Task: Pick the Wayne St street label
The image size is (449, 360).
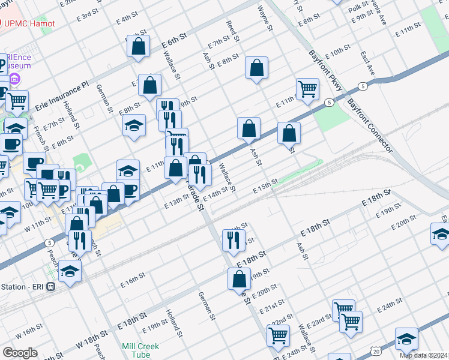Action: click(265, 19)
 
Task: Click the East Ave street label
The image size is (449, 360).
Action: click(367, 64)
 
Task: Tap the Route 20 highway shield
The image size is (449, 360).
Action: click(375, 349)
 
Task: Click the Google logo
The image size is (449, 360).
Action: click(20, 353)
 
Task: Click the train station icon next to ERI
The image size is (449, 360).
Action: click(52, 287)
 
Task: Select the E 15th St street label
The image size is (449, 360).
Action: click(266, 185)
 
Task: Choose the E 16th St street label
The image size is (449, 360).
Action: click(133, 279)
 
